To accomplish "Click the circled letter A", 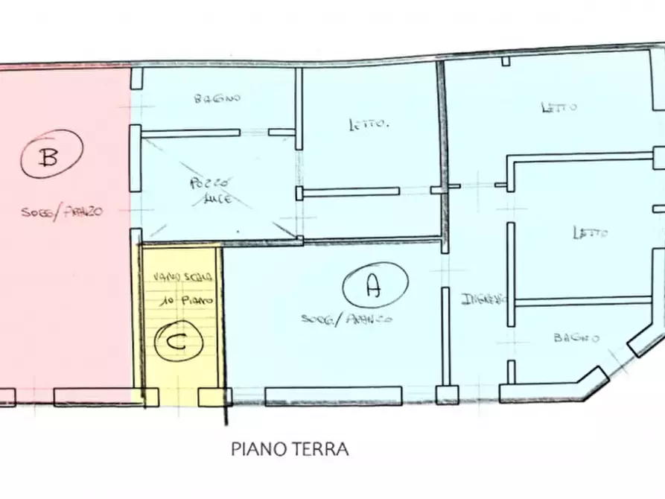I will click(375, 285).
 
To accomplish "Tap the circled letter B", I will click(51, 157).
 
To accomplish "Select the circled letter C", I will click(176, 342).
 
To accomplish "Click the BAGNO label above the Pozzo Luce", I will click(217, 98).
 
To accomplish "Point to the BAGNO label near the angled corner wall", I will click(576, 337).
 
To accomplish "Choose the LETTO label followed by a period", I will click(369, 124).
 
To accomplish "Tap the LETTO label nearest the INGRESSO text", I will click(590, 233).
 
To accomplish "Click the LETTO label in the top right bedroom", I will click(559, 107).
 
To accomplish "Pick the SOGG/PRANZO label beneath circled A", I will click(346, 319).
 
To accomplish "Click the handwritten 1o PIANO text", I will click(185, 299).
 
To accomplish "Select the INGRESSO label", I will click(483, 299).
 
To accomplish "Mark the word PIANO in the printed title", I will click(258, 450).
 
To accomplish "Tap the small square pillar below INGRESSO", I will click(447, 395).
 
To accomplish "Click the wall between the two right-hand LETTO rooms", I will click(581, 156).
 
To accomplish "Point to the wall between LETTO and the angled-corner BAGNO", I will click(585, 301).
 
